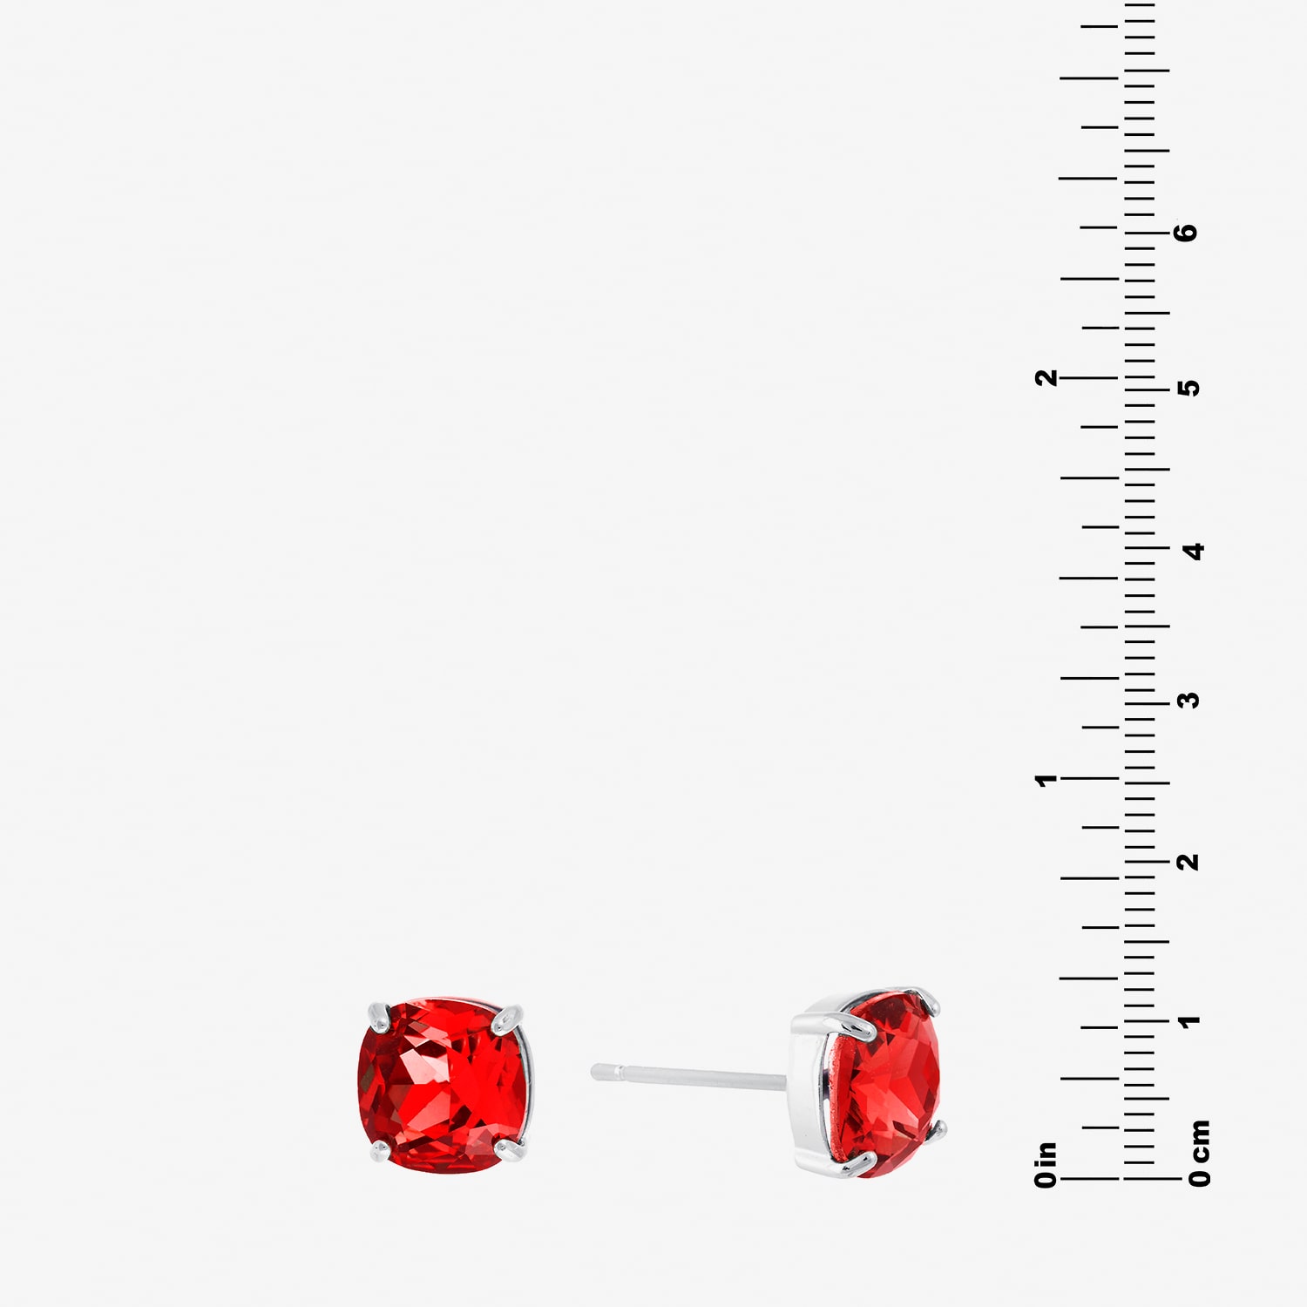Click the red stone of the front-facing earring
tap(443, 1086)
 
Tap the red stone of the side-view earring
tap(889, 1086)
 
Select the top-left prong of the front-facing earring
tap(379, 1016)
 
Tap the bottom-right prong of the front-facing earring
tap(511, 1150)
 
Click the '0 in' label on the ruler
tap(1046, 1164)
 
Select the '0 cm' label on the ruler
tap(1200, 1153)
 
